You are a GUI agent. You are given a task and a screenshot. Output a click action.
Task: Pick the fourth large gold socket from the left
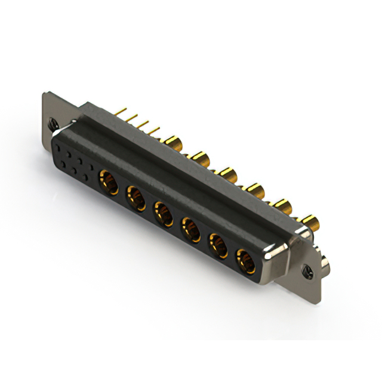191,227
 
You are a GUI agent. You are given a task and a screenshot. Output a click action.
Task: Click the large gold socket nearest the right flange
245,260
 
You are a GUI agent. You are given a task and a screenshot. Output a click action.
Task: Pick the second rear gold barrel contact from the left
198,158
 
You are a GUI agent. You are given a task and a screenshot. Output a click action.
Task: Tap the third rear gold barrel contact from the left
227,174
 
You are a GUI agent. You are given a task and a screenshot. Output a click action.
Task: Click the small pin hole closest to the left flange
58,146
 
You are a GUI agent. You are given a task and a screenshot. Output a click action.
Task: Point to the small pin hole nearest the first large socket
90,177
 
